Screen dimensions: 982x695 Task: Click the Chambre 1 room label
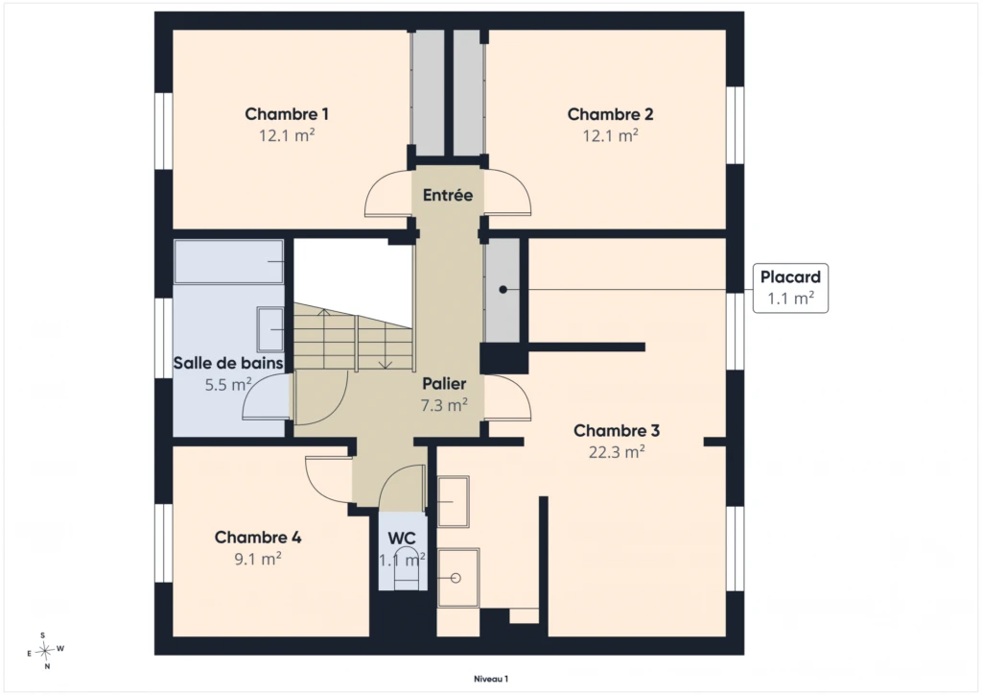(x=286, y=114)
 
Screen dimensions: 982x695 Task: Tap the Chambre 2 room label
(x=610, y=114)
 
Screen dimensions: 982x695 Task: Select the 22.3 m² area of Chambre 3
(x=617, y=452)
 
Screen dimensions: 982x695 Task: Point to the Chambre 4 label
(x=258, y=537)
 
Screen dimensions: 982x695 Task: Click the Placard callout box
(x=790, y=288)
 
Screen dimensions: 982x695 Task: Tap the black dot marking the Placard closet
(x=503, y=290)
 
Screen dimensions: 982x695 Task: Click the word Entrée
(x=448, y=195)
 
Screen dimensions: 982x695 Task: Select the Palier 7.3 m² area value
(x=444, y=405)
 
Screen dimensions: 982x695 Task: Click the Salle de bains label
(x=228, y=363)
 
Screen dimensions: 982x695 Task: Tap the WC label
(x=402, y=539)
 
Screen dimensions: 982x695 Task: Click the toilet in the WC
(x=406, y=567)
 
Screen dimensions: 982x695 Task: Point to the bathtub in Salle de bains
(x=228, y=261)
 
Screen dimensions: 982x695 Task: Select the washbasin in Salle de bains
(x=269, y=329)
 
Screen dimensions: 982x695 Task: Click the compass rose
(x=45, y=651)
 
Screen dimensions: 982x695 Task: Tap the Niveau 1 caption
(x=491, y=679)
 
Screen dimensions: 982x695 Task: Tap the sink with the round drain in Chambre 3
(x=457, y=578)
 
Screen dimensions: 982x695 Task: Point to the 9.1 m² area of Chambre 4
(x=258, y=559)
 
